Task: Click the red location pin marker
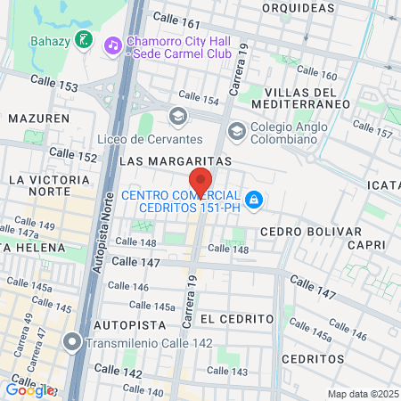[x=200, y=184]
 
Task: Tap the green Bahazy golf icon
[x=82, y=38]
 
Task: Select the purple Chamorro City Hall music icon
[x=111, y=44]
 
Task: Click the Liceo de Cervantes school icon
[x=176, y=115]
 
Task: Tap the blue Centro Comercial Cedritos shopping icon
[x=254, y=200]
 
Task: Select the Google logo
[x=29, y=389]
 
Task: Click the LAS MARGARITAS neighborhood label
[x=175, y=160]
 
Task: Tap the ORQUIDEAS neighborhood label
[x=291, y=7]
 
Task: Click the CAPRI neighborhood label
[x=369, y=244]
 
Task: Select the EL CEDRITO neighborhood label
[x=236, y=318]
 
